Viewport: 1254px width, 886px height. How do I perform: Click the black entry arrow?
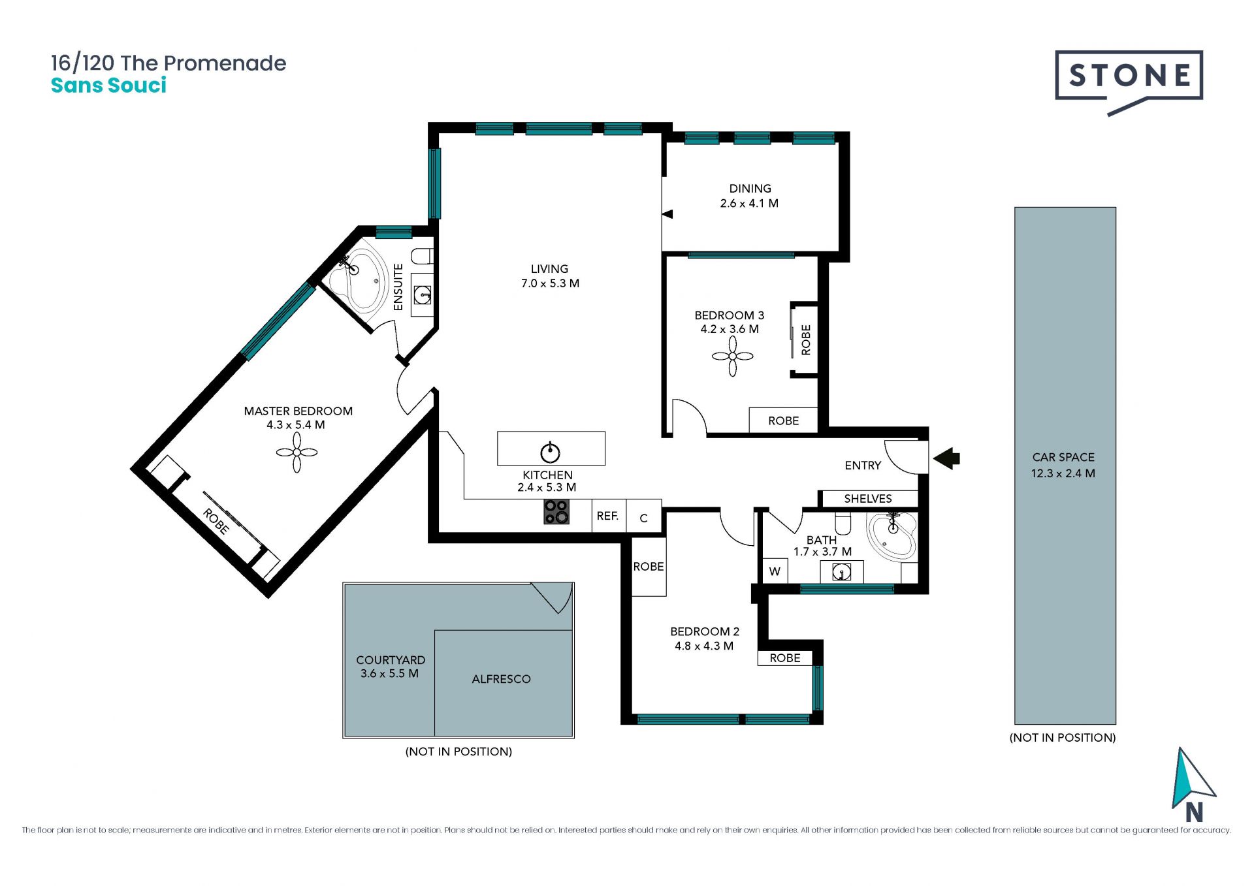946,458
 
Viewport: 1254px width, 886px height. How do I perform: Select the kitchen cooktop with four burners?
556,512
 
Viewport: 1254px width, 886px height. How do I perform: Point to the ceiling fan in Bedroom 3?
732,356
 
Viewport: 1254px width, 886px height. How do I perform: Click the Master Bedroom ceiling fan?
297,452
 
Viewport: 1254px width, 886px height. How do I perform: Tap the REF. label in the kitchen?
607,516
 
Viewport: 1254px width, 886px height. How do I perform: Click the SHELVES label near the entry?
867,499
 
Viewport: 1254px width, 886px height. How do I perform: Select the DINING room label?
750,189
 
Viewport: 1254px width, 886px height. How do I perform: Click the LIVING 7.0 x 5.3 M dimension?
550,283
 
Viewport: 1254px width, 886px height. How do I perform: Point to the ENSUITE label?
398,287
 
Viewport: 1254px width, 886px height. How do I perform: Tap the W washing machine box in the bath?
775,571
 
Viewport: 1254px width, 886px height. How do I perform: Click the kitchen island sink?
550,451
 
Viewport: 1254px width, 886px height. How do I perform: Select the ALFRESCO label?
501,679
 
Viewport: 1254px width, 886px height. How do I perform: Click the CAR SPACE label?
1063,457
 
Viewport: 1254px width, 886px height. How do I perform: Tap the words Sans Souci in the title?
108,86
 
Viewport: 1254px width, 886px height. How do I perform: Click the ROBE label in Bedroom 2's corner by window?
784,658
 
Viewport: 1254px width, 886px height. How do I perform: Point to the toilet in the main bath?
843,523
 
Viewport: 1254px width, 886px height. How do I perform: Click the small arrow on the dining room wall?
667,214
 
